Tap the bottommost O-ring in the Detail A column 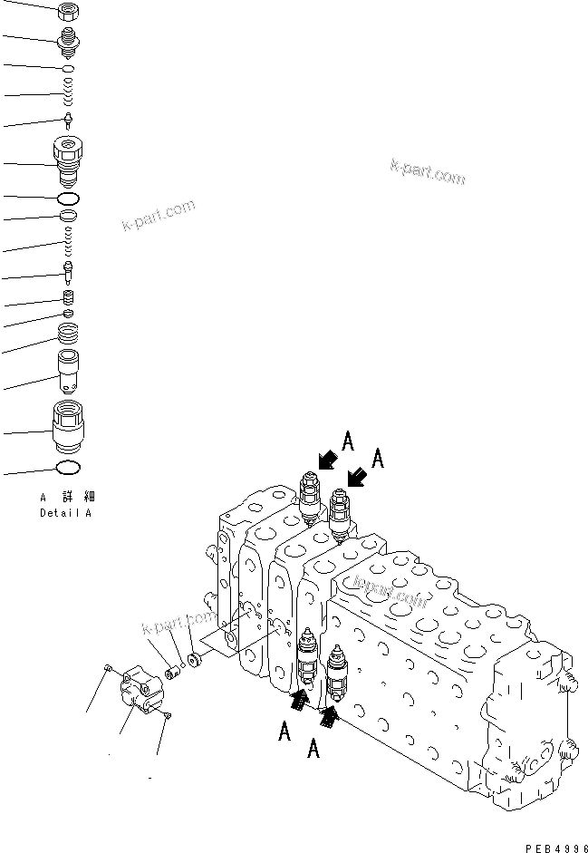click(x=69, y=469)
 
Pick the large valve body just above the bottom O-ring click(x=69, y=427)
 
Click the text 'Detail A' click(x=65, y=514)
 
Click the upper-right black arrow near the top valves click(x=359, y=475)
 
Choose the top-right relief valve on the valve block click(x=341, y=513)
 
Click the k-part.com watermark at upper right click(x=428, y=171)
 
